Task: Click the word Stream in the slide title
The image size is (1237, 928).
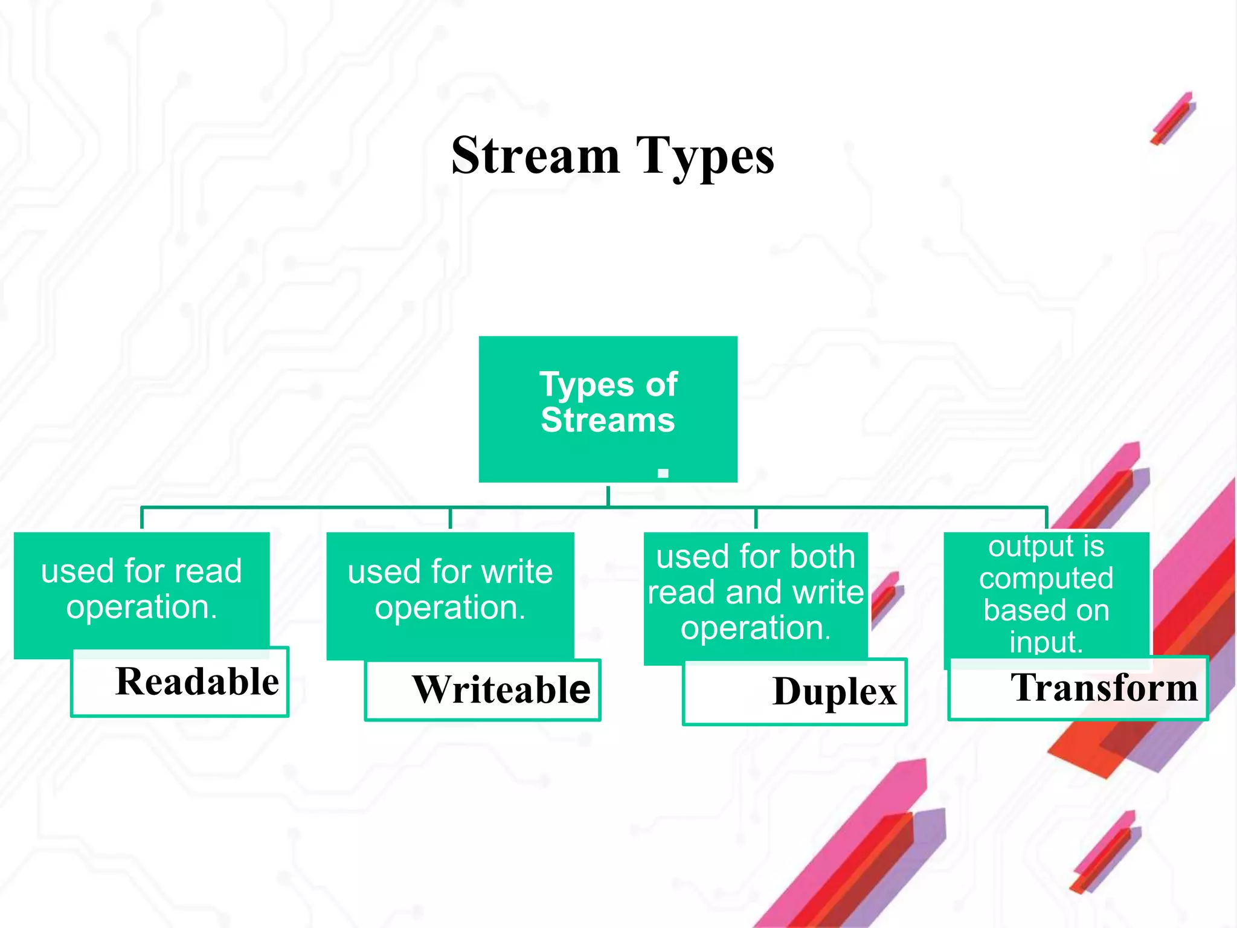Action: (x=535, y=156)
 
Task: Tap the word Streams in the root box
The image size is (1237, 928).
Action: (x=608, y=420)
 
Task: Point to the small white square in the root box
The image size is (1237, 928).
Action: (x=663, y=474)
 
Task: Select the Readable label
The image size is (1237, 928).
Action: (x=197, y=681)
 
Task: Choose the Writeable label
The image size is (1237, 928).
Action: (x=501, y=689)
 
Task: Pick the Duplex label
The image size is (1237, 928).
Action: (x=834, y=691)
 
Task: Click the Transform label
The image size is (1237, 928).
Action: (x=1104, y=687)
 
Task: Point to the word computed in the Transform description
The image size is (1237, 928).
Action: (x=1046, y=578)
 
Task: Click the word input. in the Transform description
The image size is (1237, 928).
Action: (x=1046, y=642)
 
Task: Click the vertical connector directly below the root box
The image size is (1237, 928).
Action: (x=608, y=495)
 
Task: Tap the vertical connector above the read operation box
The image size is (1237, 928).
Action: (x=142, y=518)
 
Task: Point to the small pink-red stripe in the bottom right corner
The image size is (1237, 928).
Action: (x=1104, y=852)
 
